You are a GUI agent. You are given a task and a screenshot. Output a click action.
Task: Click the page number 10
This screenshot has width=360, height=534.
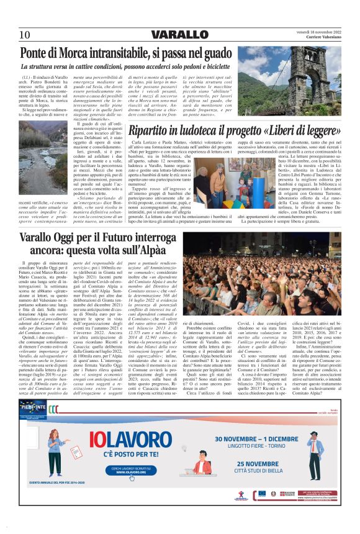(25, 34)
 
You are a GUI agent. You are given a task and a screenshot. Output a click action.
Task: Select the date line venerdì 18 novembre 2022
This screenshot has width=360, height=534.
(319, 32)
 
